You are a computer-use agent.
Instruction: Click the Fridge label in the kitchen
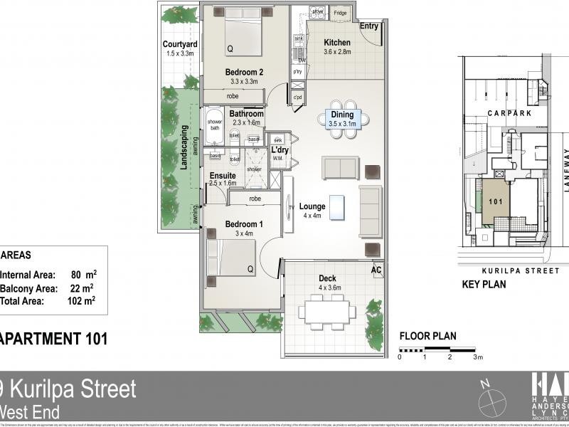(340, 14)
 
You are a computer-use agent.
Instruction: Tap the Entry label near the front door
(369, 26)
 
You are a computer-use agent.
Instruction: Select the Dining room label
(342, 115)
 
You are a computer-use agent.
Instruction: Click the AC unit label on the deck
(376, 270)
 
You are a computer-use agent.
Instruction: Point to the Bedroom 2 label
(245, 72)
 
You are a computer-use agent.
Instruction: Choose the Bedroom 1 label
(244, 224)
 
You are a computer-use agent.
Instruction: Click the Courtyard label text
(179, 44)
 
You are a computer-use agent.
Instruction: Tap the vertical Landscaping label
(184, 147)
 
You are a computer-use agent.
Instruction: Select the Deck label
(327, 278)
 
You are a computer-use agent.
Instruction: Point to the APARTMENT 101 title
(54, 339)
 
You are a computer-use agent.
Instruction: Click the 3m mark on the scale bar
(479, 357)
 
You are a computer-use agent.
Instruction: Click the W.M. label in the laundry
(277, 159)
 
